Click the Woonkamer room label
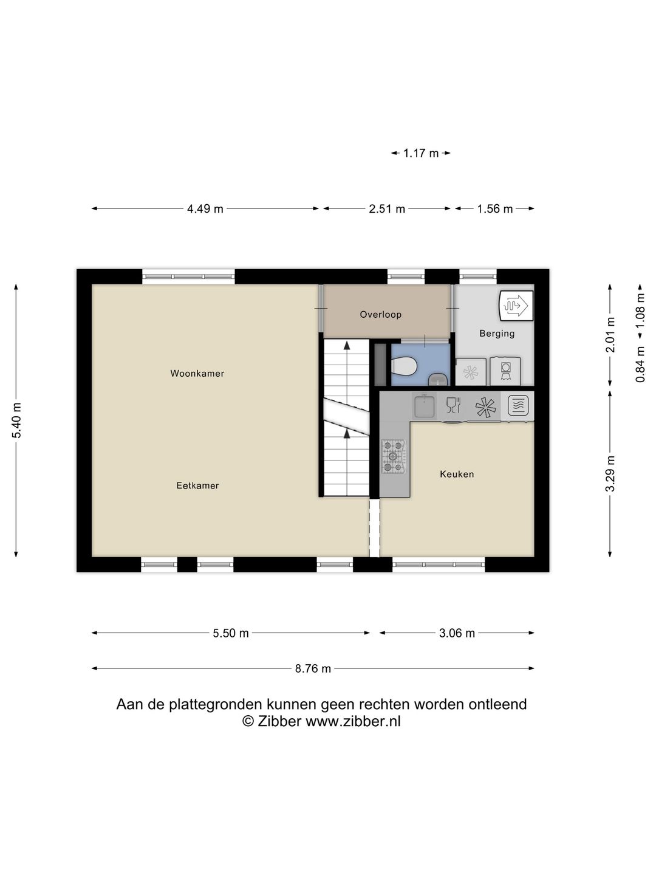[197, 374]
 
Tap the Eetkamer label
[197, 486]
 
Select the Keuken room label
[457, 474]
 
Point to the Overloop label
[380, 314]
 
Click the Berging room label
[496, 333]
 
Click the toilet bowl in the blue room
[404, 366]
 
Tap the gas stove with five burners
[393, 456]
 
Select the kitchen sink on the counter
[424, 405]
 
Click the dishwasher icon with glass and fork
[453, 405]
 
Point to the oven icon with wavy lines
[518, 405]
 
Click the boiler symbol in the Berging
[516, 305]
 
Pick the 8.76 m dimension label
[313, 668]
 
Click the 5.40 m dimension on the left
[16, 420]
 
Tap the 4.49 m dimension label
[205, 209]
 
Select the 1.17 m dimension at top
[420, 153]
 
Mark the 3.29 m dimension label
[610, 473]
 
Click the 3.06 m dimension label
[457, 633]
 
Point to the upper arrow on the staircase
[347, 346]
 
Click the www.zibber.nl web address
[353, 721]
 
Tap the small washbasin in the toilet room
[437, 381]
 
